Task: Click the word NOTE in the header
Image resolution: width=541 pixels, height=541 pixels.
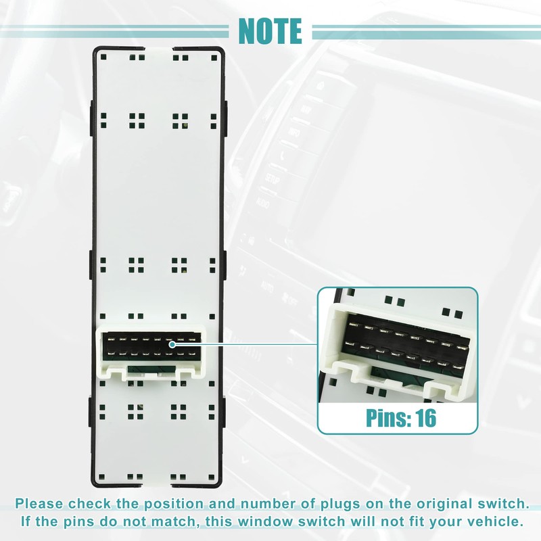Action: click(270, 30)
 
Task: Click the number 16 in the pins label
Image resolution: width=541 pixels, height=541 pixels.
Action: click(423, 417)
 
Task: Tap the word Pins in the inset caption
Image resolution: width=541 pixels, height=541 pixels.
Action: click(385, 417)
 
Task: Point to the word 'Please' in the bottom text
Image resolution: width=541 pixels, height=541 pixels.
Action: click(42, 504)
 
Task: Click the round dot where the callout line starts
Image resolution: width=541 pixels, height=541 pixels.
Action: click(173, 344)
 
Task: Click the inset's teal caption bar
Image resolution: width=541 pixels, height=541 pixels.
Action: click(398, 417)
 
